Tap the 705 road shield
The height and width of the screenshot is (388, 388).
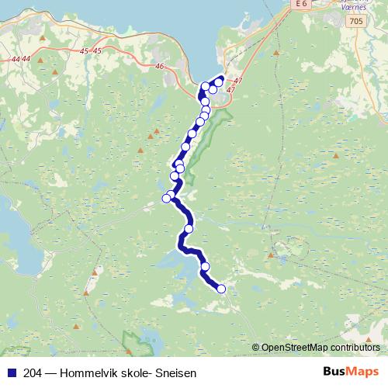pos(355,20)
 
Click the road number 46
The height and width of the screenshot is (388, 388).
pos(161,68)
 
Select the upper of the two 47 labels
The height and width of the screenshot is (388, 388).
pos(237,81)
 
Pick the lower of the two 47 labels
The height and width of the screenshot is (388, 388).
pos(230,89)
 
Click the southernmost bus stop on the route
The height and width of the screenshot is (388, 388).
pos(221,289)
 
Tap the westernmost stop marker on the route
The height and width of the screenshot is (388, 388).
pos(166,199)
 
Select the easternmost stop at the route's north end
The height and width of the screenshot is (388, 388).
pos(220,81)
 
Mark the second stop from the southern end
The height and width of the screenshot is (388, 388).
pos(206,267)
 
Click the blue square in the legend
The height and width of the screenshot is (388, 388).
pos(11,373)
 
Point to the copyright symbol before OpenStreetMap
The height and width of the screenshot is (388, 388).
pos(256,348)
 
